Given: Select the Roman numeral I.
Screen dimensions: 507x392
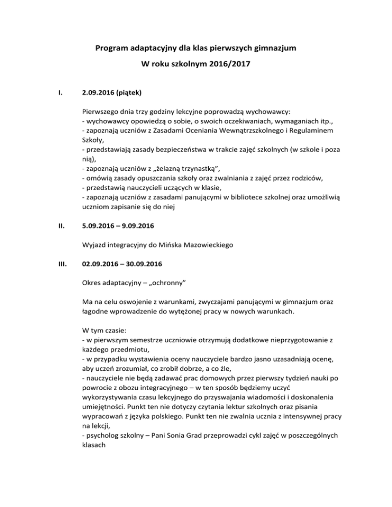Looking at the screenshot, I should pos(61,93).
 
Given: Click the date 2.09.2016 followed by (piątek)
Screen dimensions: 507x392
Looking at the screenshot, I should pos(103,93).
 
